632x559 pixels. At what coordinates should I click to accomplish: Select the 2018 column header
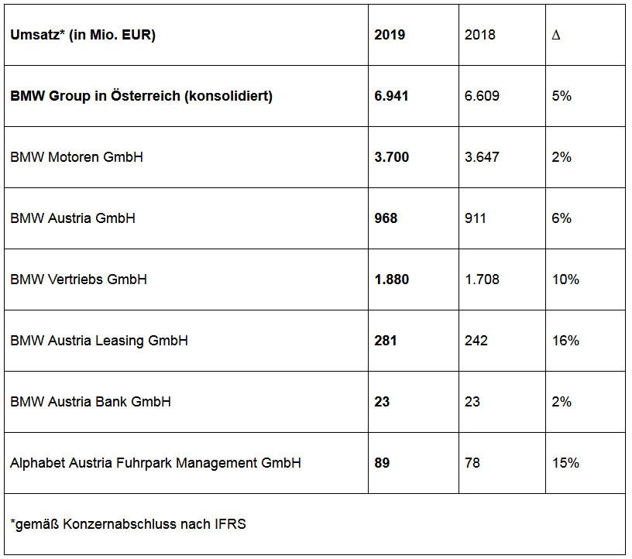tap(481, 35)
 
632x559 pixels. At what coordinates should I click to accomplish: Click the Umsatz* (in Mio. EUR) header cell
tap(83, 35)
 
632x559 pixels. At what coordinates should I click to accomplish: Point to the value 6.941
tap(391, 96)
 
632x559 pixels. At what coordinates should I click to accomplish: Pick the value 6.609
tap(482, 96)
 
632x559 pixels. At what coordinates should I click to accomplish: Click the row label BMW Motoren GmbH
tap(77, 157)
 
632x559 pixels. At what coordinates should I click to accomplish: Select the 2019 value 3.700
tap(391, 157)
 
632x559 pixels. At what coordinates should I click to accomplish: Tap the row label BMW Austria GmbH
tap(73, 218)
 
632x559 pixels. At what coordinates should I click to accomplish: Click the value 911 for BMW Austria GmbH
tap(476, 218)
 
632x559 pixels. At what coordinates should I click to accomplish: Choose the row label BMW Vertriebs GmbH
tap(78, 279)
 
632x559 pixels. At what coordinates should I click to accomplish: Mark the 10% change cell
tap(566, 279)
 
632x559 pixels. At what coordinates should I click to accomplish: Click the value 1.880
tap(391, 279)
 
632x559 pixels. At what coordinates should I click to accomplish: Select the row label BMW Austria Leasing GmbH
tap(99, 341)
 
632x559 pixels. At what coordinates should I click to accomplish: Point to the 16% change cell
tap(566, 341)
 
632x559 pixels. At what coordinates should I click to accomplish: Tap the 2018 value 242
tap(476, 341)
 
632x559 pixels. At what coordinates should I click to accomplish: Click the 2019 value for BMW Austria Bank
tap(383, 402)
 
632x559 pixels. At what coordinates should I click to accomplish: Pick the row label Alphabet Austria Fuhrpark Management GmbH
tap(156, 463)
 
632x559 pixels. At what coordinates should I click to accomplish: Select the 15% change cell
tap(566, 463)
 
